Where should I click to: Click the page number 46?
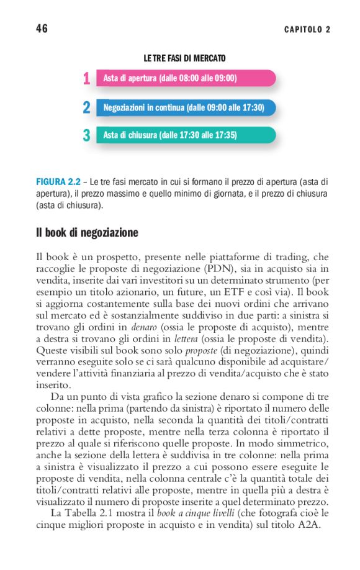42,29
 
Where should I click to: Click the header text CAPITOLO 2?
307,30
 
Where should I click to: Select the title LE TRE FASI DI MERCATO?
184,58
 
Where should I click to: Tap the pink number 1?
86,79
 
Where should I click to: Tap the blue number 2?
86,107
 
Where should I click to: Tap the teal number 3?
86,135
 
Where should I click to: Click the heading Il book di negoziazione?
87,233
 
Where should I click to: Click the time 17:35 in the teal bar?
225,135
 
